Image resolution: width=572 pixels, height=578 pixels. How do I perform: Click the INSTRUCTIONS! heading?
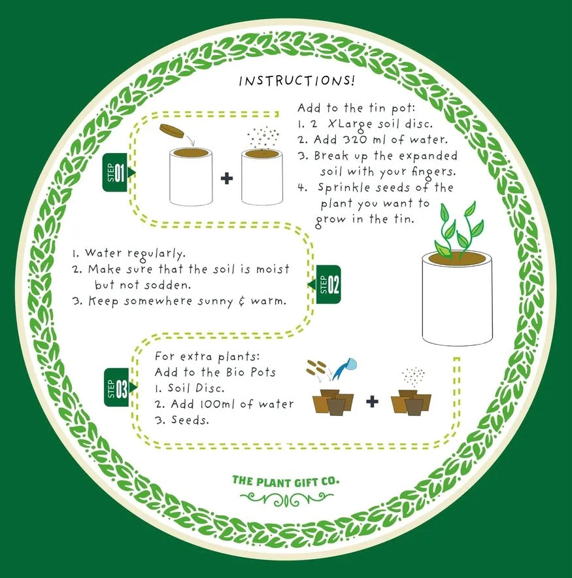pos(297,81)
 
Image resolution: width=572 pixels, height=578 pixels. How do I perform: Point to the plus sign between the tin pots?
pos(226,178)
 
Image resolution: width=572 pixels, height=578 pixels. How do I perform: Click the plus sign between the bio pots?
pos(372,401)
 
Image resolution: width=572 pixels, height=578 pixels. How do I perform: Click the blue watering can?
pos(343,367)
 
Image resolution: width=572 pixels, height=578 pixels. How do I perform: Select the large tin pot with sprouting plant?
pos(456,297)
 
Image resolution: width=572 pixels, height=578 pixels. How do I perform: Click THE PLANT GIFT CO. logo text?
pos(286,481)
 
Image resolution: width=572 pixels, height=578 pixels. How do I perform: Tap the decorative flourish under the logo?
pos(286,499)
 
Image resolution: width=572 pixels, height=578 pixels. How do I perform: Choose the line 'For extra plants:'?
pos(197,357)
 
